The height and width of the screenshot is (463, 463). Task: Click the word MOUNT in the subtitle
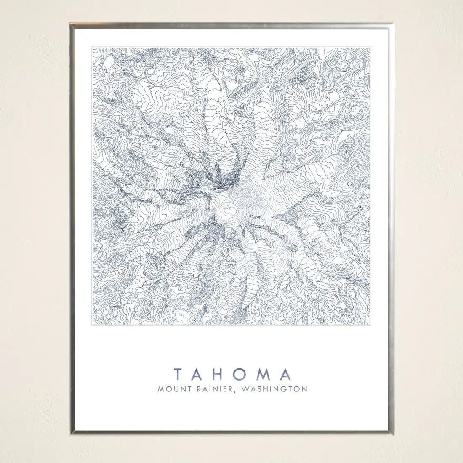point(173,389)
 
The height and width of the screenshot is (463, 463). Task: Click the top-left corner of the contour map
point(93,47)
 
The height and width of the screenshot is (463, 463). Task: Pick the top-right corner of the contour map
point(370,47)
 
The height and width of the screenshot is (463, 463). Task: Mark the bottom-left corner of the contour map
point(93,325)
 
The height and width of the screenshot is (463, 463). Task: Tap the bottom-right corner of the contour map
point(370,325)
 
